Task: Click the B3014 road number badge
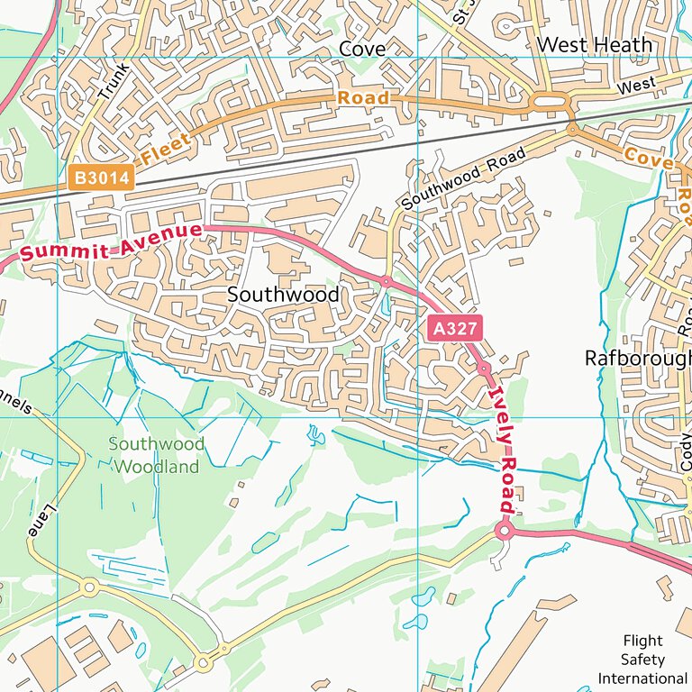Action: tap(99, 178)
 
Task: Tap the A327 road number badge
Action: tap(453, 329)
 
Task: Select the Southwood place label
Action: tap(283, 295)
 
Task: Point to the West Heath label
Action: tap(594, 45)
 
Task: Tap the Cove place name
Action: tap(362, 49)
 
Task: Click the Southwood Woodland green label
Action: tap(156, 455)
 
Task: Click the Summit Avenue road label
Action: tap(111, 241)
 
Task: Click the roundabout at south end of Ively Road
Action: tap(504, 533)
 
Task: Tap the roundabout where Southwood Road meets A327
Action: tap(386, 281)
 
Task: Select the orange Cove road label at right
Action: tap(649, 159)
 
